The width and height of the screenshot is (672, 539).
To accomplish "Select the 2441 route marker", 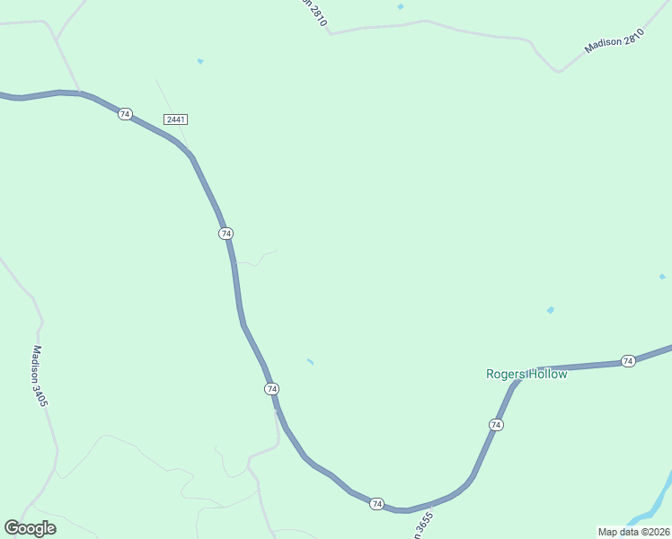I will pyautogui.click(x=175, y=119).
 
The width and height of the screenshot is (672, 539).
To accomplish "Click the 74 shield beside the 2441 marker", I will pyautogui.click(x=125, y=114).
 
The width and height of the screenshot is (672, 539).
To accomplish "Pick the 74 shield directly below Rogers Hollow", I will pyautogui.click(x=496, y=424).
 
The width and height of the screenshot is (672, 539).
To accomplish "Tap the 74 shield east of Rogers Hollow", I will pyautogui.click(x=628, y=361).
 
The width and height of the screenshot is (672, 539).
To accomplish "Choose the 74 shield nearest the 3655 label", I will pyautogui.click(x=376, y=504).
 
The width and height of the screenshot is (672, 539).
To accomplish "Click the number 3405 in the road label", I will pyautogui.click(x=42, y=393).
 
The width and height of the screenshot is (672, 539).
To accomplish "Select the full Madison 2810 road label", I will pyautogui.click(x=615, y=40).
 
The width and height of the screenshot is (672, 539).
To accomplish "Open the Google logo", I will pyautogui.click(x=30, y=528).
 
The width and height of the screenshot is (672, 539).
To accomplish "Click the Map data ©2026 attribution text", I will pyautogui.click(x=632, y=531).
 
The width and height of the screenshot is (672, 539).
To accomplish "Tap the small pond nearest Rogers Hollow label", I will pyautogui.click(x=550, y=311).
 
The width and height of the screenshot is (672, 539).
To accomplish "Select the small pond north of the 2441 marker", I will pyautogui.click(x=199, y=61).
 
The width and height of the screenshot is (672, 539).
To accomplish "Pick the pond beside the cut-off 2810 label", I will pyautogui.click(x=400, y=7).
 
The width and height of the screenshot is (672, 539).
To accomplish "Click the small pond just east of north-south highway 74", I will pyautogui.click(x=310, y=362).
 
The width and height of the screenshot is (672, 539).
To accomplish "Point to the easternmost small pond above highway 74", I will pyautogui.click(x=662, y=277).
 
